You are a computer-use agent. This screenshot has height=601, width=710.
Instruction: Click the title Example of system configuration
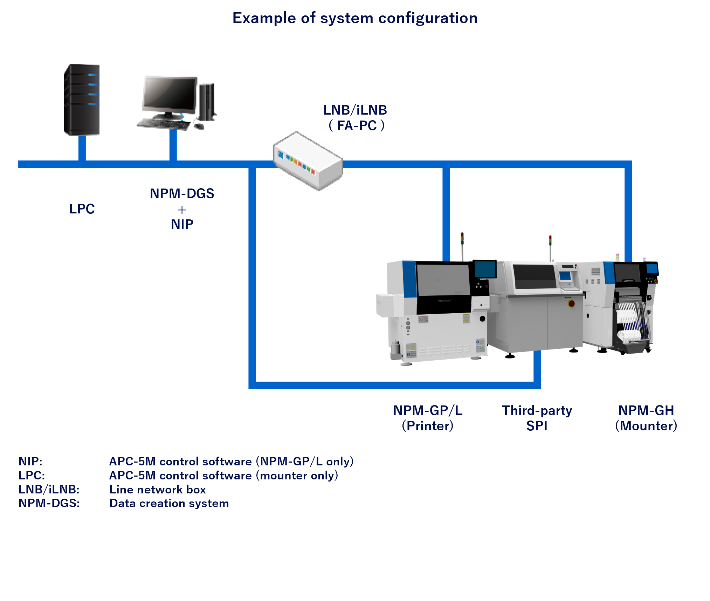pos(355,18)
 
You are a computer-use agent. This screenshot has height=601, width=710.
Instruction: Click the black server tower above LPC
pos(82,100)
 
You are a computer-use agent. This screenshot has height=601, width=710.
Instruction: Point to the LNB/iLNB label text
pos(355,110)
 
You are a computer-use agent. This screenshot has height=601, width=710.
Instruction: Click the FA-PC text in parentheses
pos(357,125)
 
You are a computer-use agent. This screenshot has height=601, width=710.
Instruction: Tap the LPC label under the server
pos(82,209)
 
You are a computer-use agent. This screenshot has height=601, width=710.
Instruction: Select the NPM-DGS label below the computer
pos(182,193)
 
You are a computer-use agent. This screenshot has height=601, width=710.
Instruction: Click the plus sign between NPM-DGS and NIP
pos(182,210)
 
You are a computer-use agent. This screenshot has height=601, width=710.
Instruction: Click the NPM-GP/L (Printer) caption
pos(428,418)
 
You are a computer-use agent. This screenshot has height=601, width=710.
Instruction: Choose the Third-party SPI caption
pos(537,418)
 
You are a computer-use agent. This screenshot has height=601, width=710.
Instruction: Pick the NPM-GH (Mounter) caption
pos(646,418)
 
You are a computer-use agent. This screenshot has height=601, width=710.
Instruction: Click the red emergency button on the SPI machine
pos(571,303)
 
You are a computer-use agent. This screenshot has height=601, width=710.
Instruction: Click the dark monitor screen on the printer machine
pos(485,269)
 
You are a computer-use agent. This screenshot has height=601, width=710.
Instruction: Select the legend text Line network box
pos(157,489)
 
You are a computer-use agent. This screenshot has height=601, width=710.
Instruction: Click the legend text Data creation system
pos(169,503)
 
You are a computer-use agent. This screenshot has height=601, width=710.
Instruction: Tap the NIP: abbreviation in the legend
pos(30,461)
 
